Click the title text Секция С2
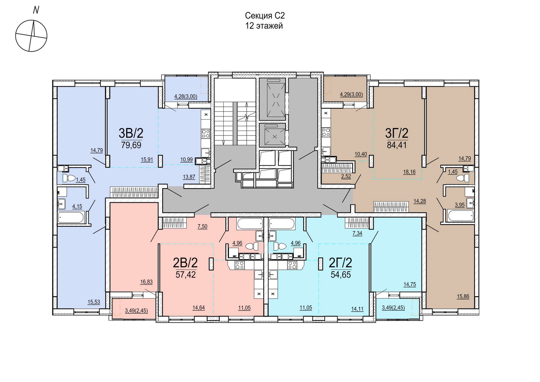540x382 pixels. tap(265, 16)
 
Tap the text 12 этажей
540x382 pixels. tap(264, 26)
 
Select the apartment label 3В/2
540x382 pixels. tap(131, 133)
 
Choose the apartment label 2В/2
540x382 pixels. tap(185, 262)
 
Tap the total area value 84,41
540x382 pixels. tap(397, 145)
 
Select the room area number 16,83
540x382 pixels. tap(146, 282)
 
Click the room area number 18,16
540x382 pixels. tap(409, 172)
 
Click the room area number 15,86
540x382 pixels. tap(463, 296)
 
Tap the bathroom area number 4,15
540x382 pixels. tap(77, 206)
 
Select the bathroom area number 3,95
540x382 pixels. tap(459, 205)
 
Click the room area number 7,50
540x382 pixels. tap(202, 226)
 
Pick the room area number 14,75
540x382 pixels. tap(410, 284)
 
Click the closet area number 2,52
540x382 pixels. tap(346, 176)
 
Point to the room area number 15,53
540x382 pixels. tap(94, 302)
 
